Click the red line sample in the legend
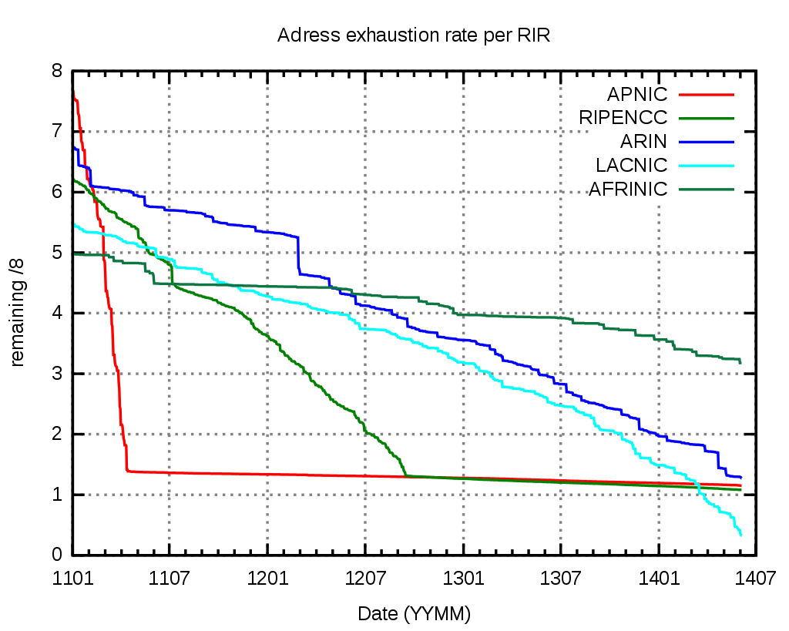coord(706,95)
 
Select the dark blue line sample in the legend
coord(706,143)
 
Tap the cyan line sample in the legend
coord(706,166)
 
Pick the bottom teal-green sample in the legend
coord(706,190)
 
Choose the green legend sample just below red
coord(706,119)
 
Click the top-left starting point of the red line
coord(74,92)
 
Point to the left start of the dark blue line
coord(75,147)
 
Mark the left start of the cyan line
coord(75,224)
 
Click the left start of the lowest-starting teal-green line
coord(75,254)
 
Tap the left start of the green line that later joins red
coord(75,180)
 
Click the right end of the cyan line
coord(740,535)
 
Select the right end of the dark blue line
coord(741,478)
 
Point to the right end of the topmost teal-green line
coord(740,362)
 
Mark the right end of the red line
coord(741,486)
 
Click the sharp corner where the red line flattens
coord(127,471)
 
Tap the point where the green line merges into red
coord(406,476)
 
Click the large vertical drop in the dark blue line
coord(298,254)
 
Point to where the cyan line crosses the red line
coord(698,485)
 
